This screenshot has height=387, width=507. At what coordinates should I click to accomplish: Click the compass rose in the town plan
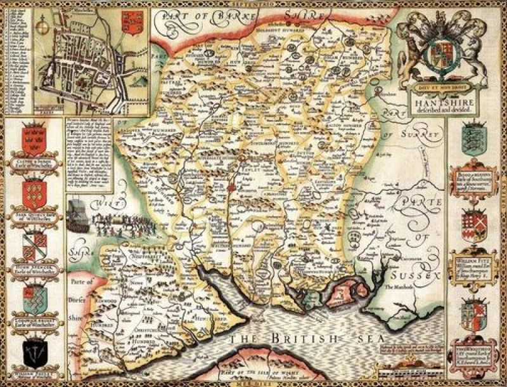point(44,29)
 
